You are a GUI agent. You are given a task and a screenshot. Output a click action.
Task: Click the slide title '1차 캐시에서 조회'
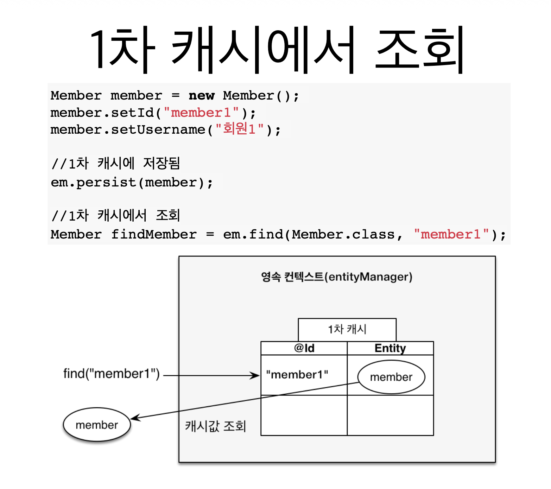pos(277,49)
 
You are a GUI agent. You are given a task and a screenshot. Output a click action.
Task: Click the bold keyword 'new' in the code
pos(201,96)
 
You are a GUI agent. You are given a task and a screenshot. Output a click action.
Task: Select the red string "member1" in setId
pos(201,113)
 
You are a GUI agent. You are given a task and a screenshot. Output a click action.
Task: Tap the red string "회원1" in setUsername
pos(239,129)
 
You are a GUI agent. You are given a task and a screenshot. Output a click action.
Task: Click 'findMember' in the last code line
pos(154,235)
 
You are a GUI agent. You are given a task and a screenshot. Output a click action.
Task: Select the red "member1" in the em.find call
pos(451,235)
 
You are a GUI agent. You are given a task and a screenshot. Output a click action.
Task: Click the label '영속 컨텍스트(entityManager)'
pos(336,277)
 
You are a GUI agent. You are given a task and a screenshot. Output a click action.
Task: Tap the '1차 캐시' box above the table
pos(347,329)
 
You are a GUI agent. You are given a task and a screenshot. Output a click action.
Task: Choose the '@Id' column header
pos(304,348)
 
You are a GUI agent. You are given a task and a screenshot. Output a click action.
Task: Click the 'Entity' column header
pos(390,348)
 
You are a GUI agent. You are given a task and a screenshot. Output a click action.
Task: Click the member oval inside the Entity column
pos(391,377)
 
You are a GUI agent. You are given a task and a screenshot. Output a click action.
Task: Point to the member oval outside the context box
pos(97,425)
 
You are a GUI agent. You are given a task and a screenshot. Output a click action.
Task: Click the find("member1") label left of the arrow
pos(111,374)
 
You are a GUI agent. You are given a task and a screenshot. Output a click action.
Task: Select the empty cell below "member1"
pos(304,415)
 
